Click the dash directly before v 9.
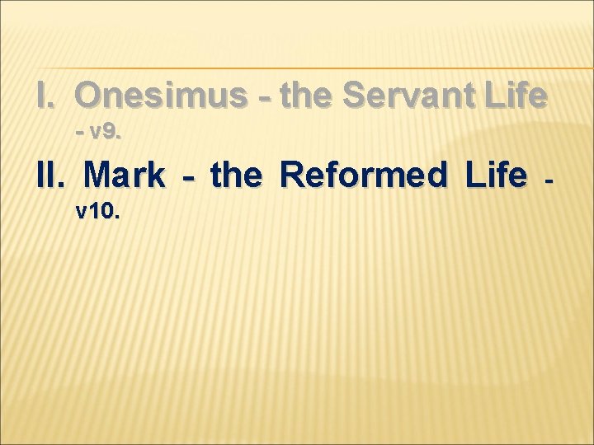pyautogui.click(x=80, y=133)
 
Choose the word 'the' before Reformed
pyautogui.click(x=238, y=175)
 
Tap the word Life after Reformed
pyautogui.click(x=495, y=175)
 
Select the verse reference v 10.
pyautogui.click(x=98, y=212)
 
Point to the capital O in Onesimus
pyautogui.click(x=89, y=97)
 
